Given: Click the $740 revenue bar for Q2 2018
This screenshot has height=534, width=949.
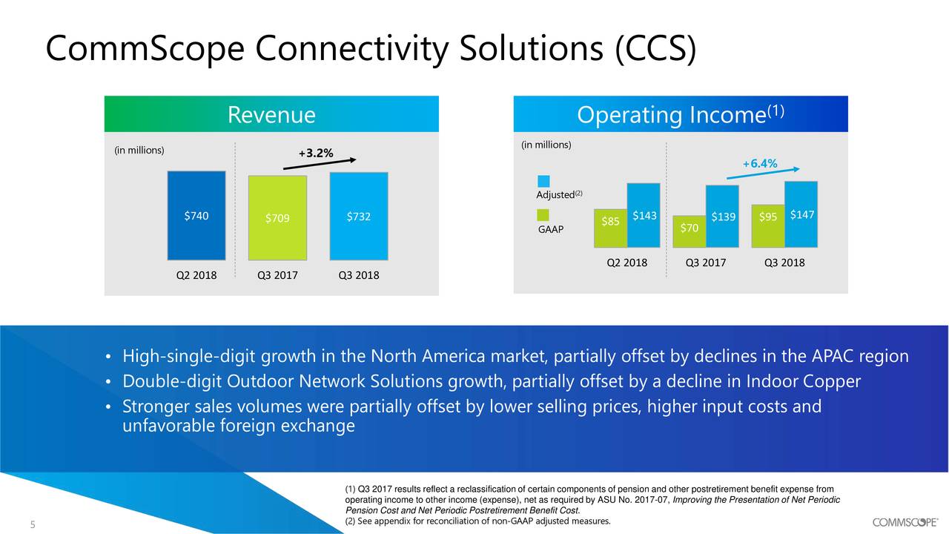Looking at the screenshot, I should click(196, 215).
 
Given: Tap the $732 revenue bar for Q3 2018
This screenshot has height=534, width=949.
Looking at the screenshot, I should click(358, 215).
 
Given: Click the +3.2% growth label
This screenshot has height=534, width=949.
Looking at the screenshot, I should click(315, 154).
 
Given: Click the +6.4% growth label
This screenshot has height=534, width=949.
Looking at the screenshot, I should click(759, 164).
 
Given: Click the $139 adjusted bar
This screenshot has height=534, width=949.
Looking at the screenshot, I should click(722, 216).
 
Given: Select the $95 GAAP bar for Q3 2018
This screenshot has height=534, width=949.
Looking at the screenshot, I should click(768, 225).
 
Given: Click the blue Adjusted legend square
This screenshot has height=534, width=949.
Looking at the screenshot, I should click(543, 181).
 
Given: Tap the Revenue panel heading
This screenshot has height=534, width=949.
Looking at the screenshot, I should click(271, 115).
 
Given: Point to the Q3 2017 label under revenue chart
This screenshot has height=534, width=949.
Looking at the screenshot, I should click(277, 275).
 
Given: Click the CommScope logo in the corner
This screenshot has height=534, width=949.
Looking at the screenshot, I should click(905, 521).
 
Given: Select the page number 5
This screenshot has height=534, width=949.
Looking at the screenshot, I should click(33, 526).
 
